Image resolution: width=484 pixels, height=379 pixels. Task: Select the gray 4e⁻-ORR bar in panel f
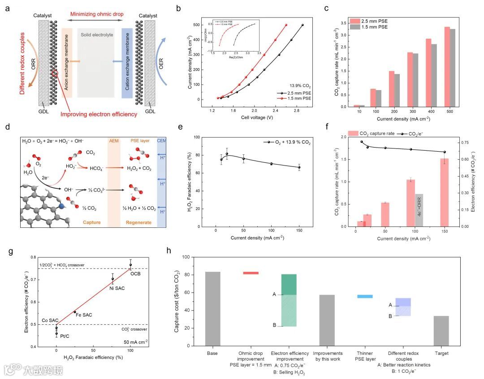[x=419, y=210]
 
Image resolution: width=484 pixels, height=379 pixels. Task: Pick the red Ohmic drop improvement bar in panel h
[x=251, y=273]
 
